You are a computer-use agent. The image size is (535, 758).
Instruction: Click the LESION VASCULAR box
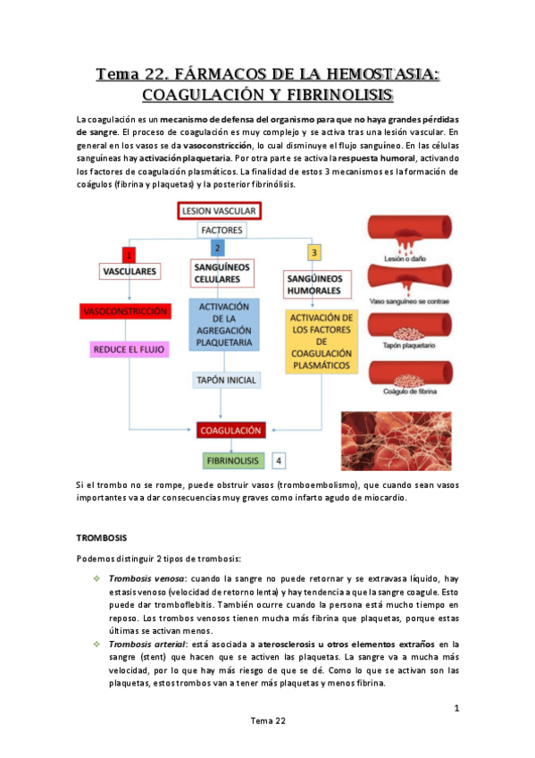pos(218,211)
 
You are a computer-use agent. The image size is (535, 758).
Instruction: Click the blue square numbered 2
pos(217,248)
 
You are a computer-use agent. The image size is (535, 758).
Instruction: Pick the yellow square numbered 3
pos(313,253)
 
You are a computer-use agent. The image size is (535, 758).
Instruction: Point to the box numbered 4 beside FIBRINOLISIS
pos(280,460)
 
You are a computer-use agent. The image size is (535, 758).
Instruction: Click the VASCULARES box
pos(130,270)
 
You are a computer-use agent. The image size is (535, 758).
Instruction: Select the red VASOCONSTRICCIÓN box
pos(124,312)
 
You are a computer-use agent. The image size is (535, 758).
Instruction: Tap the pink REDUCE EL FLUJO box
pos(130,350)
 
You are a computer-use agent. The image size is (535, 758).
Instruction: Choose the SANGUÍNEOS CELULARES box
pos(222,273)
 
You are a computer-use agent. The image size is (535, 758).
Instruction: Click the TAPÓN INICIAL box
pos(225,380)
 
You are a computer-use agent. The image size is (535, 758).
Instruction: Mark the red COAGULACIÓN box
pos(230,431)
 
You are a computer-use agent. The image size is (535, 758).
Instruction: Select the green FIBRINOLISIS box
pos(232,460)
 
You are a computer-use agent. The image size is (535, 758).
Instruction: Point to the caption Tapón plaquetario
pos(407,348)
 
